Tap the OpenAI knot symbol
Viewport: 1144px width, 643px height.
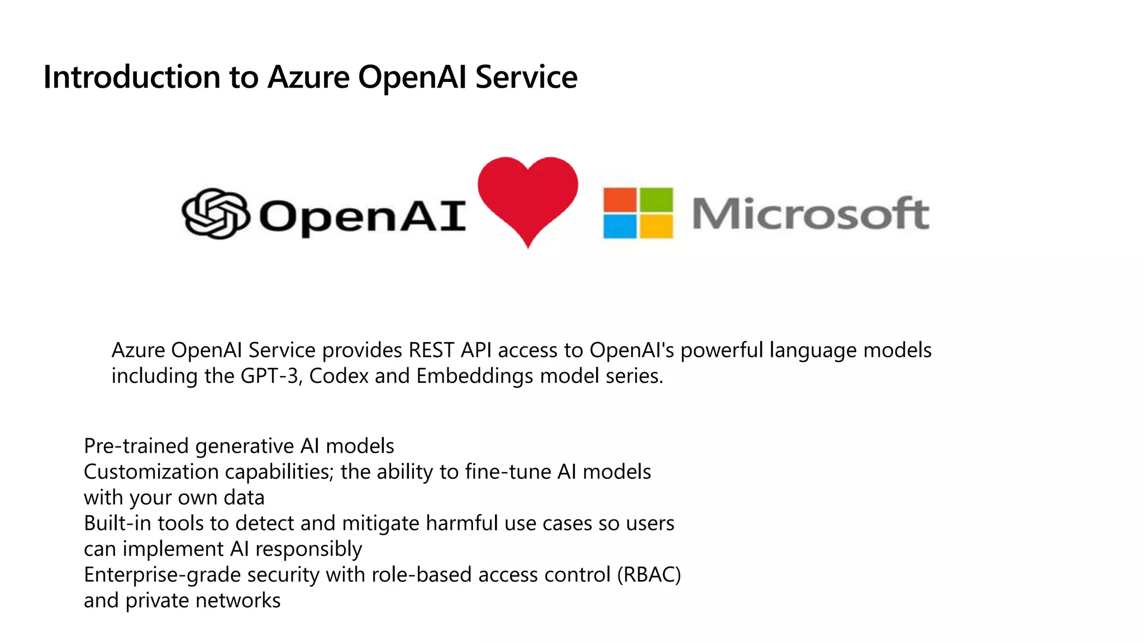pos(216,214)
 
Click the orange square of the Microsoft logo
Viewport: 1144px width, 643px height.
pos(620,199)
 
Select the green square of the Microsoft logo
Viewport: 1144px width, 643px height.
pos(656,199)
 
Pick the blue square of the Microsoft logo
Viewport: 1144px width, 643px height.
pos(620,227)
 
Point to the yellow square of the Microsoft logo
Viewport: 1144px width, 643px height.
pos(656,227)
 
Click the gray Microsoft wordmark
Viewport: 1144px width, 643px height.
pos(811,214)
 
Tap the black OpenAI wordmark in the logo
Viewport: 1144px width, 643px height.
pos(362,216)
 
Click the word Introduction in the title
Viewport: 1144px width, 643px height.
pos(132,77)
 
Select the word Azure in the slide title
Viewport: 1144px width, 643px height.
pos(308,77)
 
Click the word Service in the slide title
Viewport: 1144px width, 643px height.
pos(526,77)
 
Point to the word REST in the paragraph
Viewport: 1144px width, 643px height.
pos(431,351)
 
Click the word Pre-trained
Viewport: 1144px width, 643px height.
pos(136,447)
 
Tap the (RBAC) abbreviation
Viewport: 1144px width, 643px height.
pos(649,575)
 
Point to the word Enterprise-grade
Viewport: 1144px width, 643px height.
pos(163,575)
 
